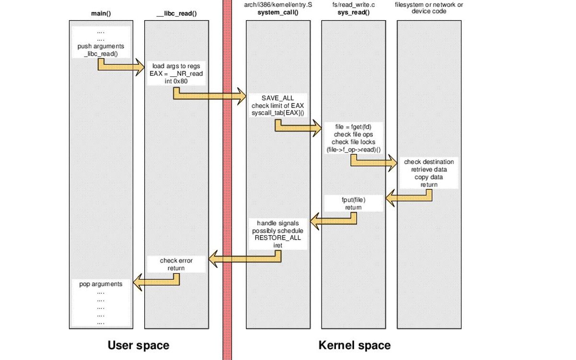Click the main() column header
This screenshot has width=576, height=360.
(x=101, y=13)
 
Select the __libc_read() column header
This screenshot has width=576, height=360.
(x=176, y=13)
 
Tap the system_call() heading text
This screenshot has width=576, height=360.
(x=278, y=12)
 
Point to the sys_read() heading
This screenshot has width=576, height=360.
(x=353, y=12)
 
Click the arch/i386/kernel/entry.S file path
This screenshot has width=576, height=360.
(x=278, y=5)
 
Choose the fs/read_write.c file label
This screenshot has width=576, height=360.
(x=353, y=5)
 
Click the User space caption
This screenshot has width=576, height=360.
(x=138, y=345)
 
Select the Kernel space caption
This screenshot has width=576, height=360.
(x=354, y=345)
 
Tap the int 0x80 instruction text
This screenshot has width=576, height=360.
(x=176, y=81)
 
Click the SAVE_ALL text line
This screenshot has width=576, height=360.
(x=278, y=98)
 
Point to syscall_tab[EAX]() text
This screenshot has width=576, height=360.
(x=278, y=113)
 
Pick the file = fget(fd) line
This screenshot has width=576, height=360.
(x=353, y=127)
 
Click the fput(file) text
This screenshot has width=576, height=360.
(x=353, y=199)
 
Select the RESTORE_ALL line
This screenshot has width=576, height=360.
(x=278, y=238)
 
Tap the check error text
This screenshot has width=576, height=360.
(x=176, y=261)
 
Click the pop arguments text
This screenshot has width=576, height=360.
(x=101, y=284)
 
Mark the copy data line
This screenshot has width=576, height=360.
(x=429, y=177)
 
